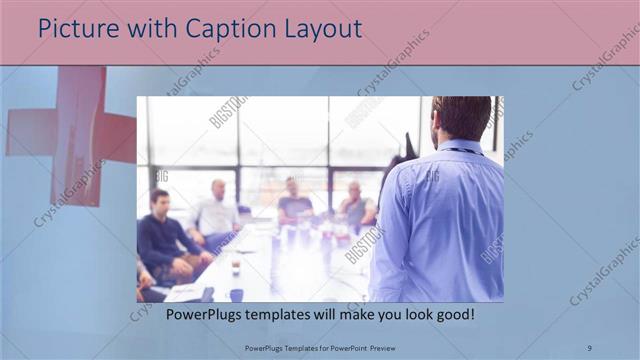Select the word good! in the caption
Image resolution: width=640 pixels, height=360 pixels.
452,314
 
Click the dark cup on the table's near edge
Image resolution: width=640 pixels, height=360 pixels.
236,294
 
